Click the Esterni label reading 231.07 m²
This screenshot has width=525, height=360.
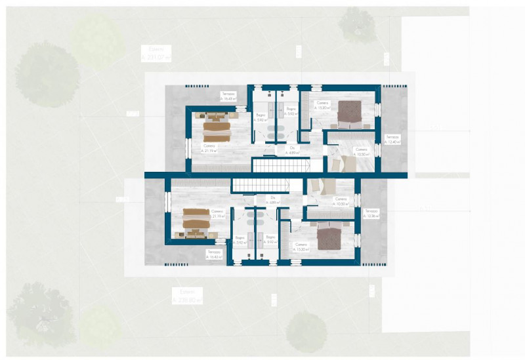click(x=156, y=54)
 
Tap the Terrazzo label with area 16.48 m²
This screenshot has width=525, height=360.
click(x=229, y=96)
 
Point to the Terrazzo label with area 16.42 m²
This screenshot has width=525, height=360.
click(x=215, y=254)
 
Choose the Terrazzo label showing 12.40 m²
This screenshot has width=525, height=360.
click(x=392, y=140)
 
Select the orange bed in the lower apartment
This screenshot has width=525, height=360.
click(x=195, y=222)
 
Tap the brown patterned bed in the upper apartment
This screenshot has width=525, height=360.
click(x=353, y=112)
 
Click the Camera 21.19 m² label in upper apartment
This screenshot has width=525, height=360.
click(x=209, y=148)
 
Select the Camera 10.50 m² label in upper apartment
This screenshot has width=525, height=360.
click(x=362, y=151)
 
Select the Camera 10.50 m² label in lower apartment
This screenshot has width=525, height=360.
click(x=341, y=201)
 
